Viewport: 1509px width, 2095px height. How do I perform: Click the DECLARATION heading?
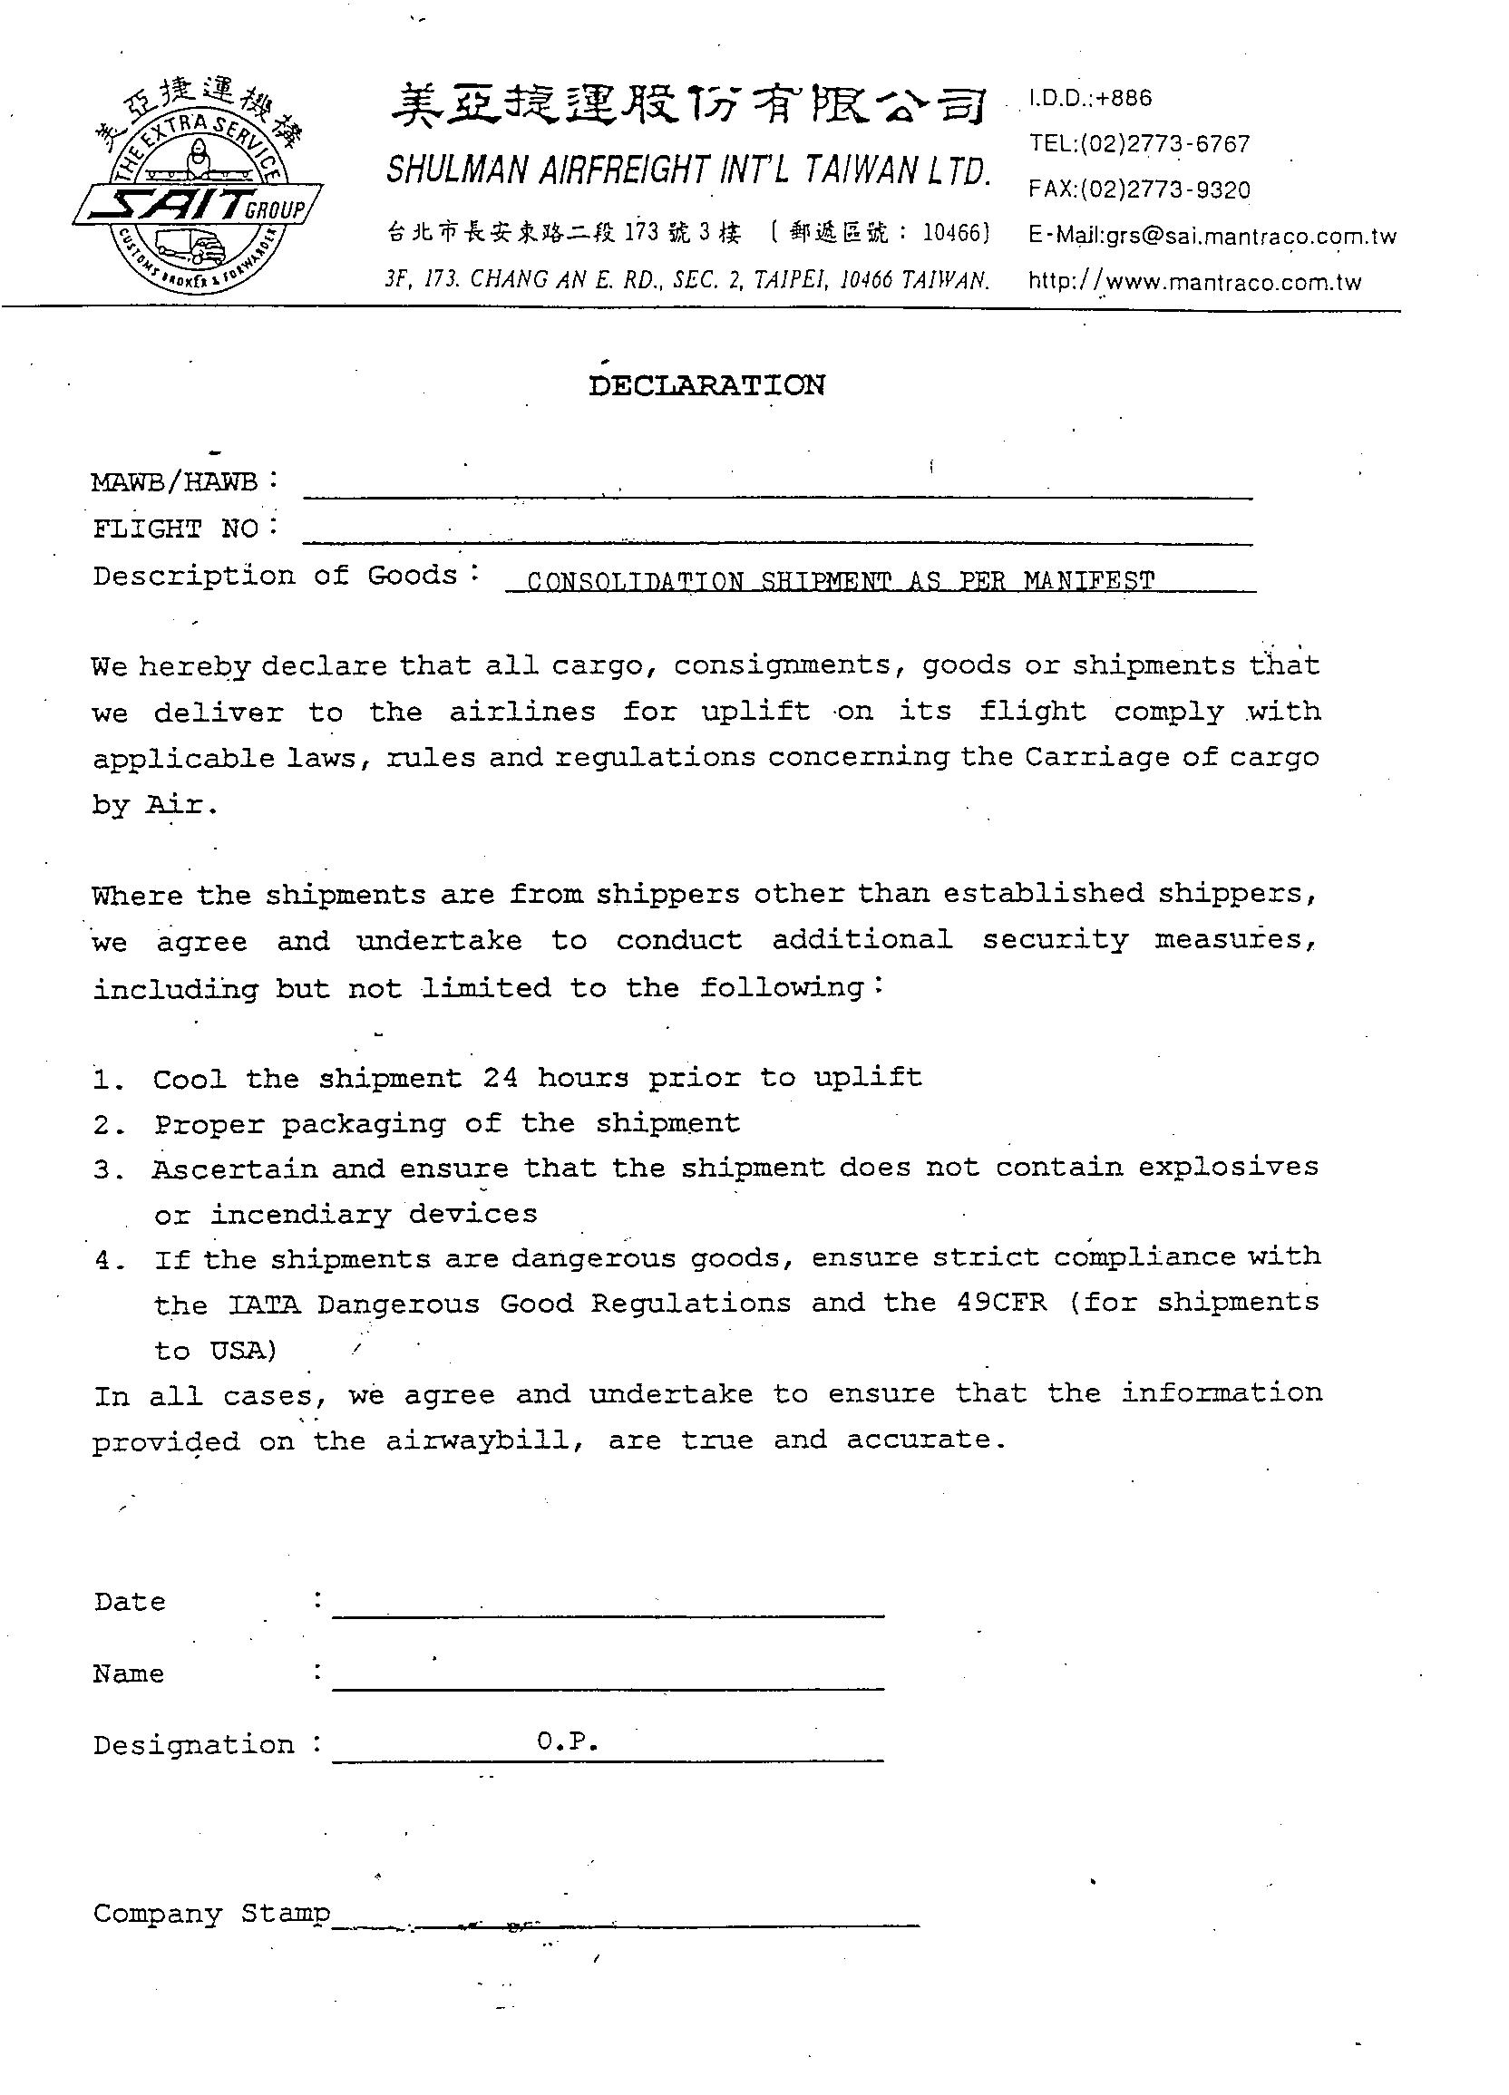(706, 386)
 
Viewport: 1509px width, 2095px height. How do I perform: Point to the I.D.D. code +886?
(1124, 99)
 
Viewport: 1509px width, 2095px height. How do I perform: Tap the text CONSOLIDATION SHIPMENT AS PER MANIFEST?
(840, 582)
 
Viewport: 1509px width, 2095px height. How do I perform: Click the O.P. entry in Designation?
(569, 1742)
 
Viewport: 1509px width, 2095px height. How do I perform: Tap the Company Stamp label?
(210, 1913)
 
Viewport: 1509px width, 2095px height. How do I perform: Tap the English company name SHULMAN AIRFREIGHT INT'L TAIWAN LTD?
(688, 170)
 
